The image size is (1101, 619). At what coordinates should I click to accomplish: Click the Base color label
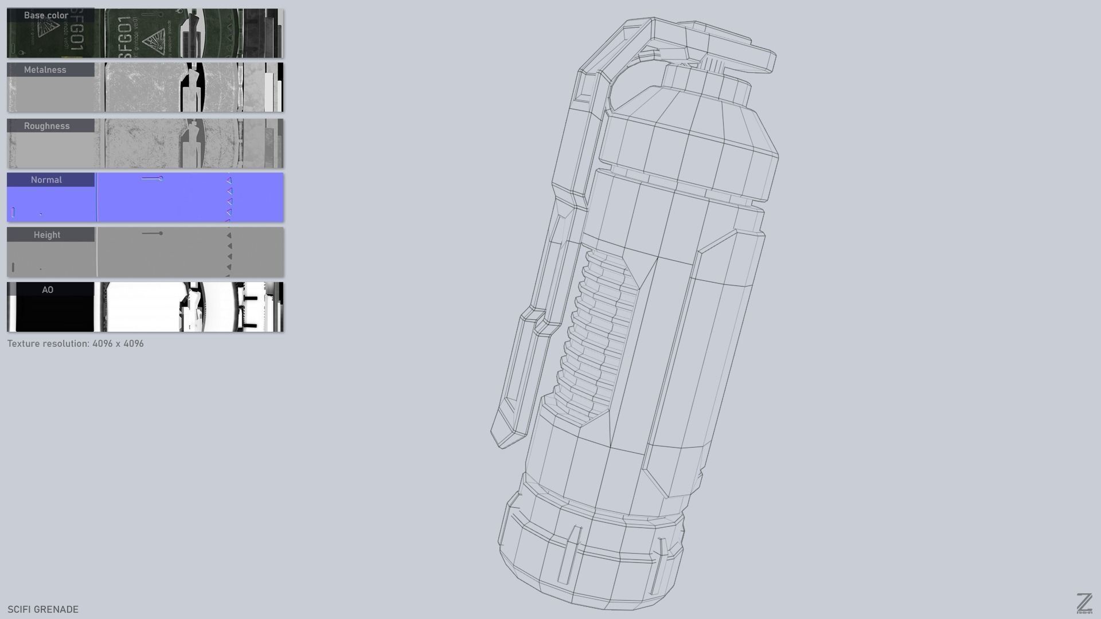[x=46, y=15]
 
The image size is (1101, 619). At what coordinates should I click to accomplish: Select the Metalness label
[x=45, y=70]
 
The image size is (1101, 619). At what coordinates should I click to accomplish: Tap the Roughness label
[x=46, y=126]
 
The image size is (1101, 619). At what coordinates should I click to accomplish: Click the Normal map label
[x=46, y=180]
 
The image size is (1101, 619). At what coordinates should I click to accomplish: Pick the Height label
[x=46, y=235]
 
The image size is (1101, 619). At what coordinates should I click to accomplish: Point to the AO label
[x=48, y=290]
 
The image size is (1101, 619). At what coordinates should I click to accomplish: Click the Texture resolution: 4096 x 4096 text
[x=75, y=344]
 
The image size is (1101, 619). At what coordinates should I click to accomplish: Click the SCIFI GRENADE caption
[x=43, y=609]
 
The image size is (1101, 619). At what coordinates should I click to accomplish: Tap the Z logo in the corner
[x=1084, y=604]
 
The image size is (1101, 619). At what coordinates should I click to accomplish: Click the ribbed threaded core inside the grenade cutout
[x=596, y=332]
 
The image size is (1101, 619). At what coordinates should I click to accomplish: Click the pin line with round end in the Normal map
[x=153, y=179]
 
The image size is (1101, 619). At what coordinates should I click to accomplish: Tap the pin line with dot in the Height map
[x=153, y=233]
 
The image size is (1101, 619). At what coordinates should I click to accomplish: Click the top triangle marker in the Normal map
[x=229, y=180]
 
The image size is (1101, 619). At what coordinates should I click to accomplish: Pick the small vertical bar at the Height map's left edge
[x=13, y=267]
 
